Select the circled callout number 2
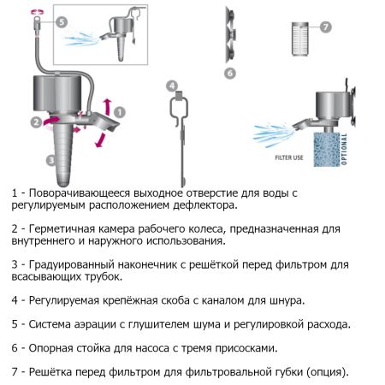(35, 122)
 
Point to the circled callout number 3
(51, 160)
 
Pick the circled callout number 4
(172, 86)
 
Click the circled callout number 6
(229, 74)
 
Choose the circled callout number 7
(326, 27)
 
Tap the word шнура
(284, 301)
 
